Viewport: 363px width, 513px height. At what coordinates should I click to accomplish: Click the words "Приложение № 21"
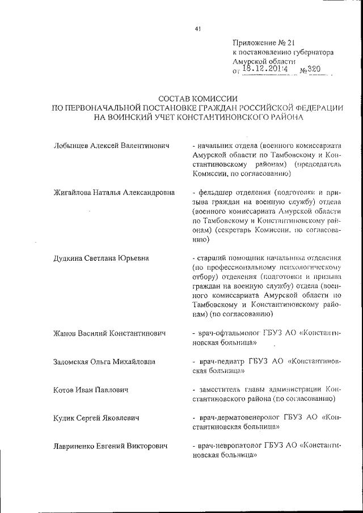pyautogui.click(x=264, y=43)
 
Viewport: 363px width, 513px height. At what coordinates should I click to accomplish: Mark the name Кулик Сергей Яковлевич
pyautogui.click(x=96, y=418)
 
